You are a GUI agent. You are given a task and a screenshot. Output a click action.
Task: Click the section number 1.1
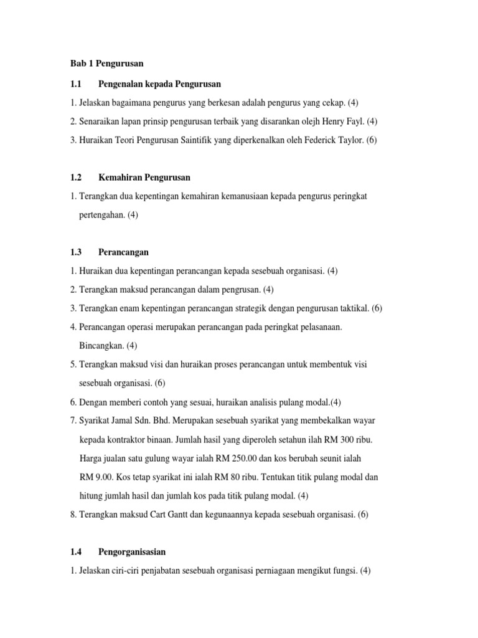point(77,83)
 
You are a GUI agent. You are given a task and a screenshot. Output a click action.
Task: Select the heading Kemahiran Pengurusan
point(144,178)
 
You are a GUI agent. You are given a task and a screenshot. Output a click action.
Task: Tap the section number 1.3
point(77,252)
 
